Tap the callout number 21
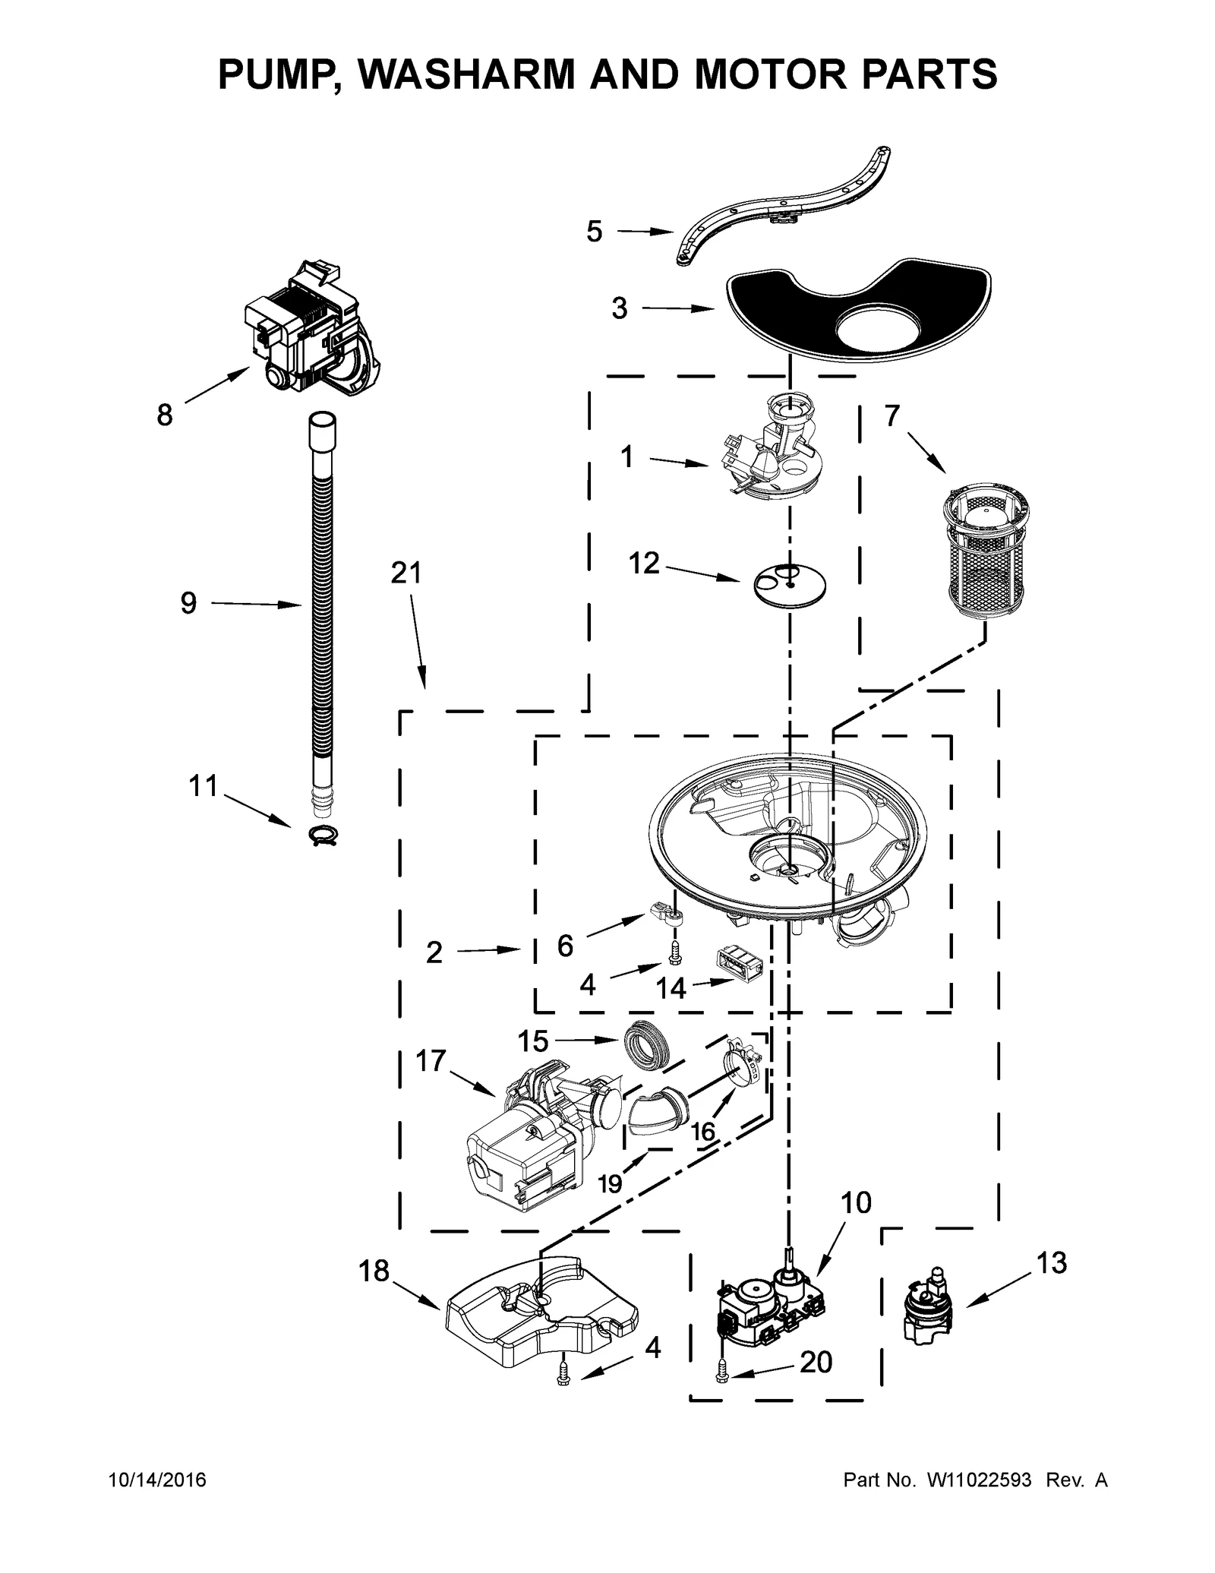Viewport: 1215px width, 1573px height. click(406, 573)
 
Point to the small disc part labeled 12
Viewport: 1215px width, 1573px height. click(790, 584)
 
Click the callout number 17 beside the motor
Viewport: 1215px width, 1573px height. click(431, 1060)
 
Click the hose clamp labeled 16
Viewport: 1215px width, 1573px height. click(742, 1061)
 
